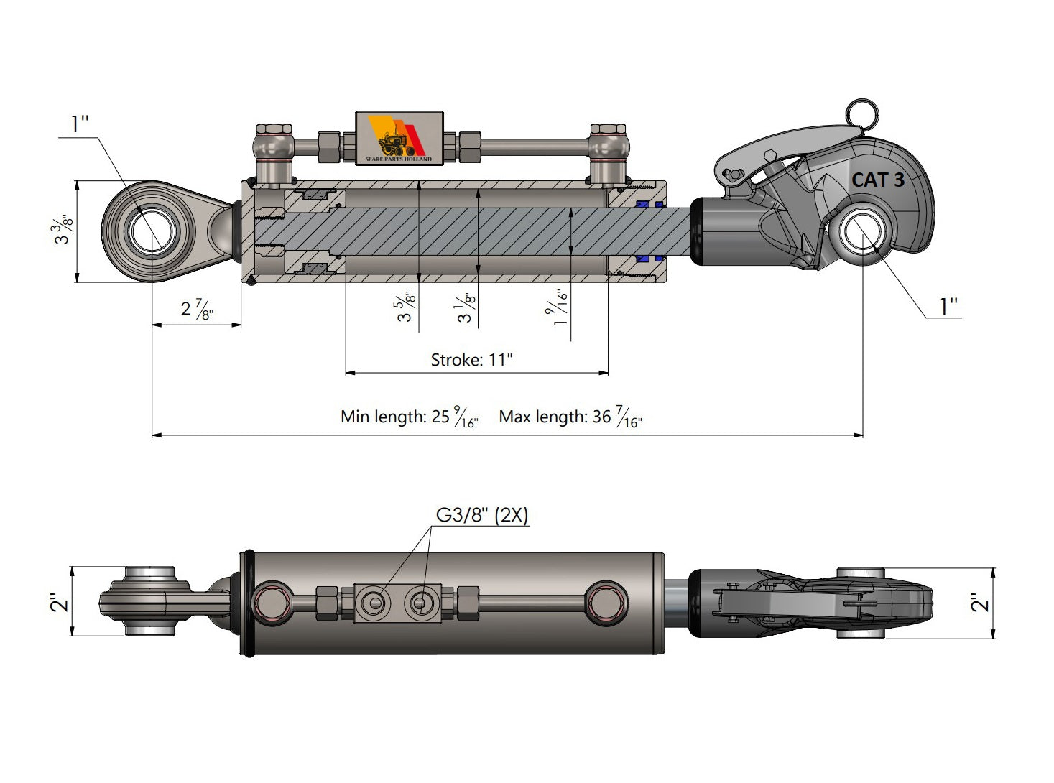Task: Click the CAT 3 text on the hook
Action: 877,180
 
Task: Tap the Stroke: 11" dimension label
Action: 471,359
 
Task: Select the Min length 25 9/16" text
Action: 409,417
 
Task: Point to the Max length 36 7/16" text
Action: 570,417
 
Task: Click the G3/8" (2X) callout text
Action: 482,515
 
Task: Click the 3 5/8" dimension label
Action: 407,306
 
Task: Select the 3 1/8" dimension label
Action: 466,307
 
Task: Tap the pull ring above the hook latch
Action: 861,112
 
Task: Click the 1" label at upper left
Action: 79,124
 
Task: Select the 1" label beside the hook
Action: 949,307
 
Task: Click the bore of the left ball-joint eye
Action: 152,231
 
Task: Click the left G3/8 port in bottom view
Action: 374,602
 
